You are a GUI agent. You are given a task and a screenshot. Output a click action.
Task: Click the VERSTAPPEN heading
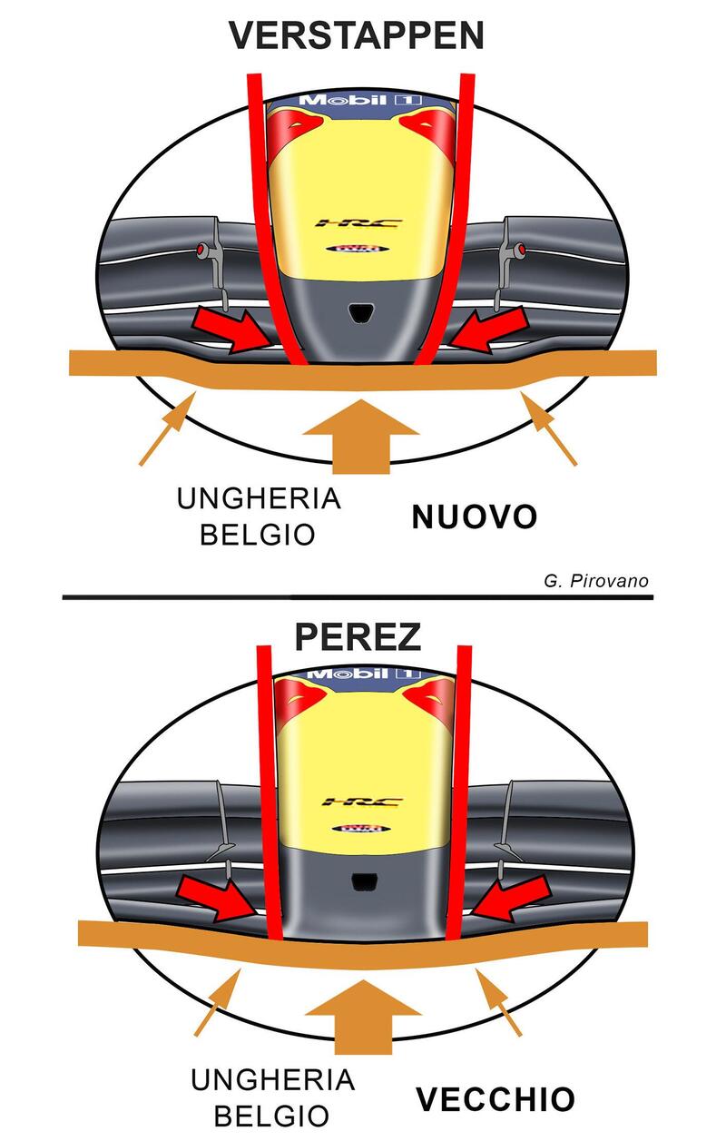(x=357, y=36)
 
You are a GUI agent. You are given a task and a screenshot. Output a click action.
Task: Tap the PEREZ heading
(x=358, y=636)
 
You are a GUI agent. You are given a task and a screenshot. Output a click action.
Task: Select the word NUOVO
(x=475, y=517)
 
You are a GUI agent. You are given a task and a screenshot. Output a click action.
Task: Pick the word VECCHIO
(x=495, y=1099)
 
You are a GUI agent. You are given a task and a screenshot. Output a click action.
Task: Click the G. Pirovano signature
(x=597, y=581)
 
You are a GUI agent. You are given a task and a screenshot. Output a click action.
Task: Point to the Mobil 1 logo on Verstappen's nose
(x=361, y=99)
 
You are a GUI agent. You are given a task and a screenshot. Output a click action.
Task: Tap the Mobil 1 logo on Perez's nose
(x=362, y=674)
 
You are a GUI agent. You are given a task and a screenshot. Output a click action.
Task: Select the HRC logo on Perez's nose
(x=348, y=802)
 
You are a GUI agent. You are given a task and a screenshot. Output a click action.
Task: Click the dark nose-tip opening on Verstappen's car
(x=362, y=310)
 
